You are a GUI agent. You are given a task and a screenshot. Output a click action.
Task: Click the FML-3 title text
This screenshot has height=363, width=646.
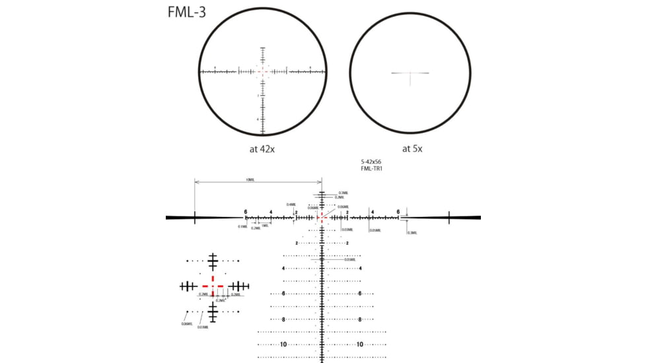pyautogui.click(x=187, y=13)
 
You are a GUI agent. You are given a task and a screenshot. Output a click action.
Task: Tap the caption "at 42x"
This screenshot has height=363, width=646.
pyautogui.click(x=262, y=149)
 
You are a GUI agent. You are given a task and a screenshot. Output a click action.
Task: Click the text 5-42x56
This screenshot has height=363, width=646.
pyautogui.click(x=372, y=162)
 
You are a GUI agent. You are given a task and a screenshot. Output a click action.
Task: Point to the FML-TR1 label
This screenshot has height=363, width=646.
pyautogui.click(x=372, y=169)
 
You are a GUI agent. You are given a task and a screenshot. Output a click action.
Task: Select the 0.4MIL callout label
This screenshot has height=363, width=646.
pyautogui.click(x=291, y=205)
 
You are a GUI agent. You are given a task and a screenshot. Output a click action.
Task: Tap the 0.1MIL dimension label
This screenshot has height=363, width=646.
pyautogui.click(x=242, y=226)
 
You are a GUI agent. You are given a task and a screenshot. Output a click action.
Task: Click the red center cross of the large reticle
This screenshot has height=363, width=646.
pyautogui.click(x=322, y=216)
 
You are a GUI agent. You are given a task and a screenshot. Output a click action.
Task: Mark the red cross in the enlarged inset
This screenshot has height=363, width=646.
pyautogui.click(x=213, y=286)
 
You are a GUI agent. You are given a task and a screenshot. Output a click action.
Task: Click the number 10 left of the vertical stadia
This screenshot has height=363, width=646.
pyautogui.click(x=283, y=345)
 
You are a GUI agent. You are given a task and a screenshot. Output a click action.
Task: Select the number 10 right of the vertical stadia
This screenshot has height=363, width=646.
pyautogui.click(x=360, y=345)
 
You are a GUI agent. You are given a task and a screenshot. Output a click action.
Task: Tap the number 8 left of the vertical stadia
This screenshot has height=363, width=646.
pyautogui.click(x=283, y=319)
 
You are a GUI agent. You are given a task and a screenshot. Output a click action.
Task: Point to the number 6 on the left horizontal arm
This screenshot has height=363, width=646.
pyautogui.click(x=245, y=212)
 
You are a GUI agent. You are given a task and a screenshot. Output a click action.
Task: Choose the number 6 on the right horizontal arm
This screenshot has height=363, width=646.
pyautogui.click(x=398, y=212)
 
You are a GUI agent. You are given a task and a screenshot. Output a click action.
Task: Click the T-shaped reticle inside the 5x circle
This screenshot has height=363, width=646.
pyautogui.click(x=411, y=74)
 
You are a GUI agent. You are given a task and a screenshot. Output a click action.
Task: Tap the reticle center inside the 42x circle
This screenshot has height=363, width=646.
pyautogui.click(x=263, y=71)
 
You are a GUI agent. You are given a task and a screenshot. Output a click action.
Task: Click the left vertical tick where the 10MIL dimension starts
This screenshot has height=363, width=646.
pyautogui.click(x=194, y=217)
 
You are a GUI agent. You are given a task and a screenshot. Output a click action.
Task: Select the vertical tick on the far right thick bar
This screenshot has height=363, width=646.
pyautogui.click(x=449, y=217)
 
